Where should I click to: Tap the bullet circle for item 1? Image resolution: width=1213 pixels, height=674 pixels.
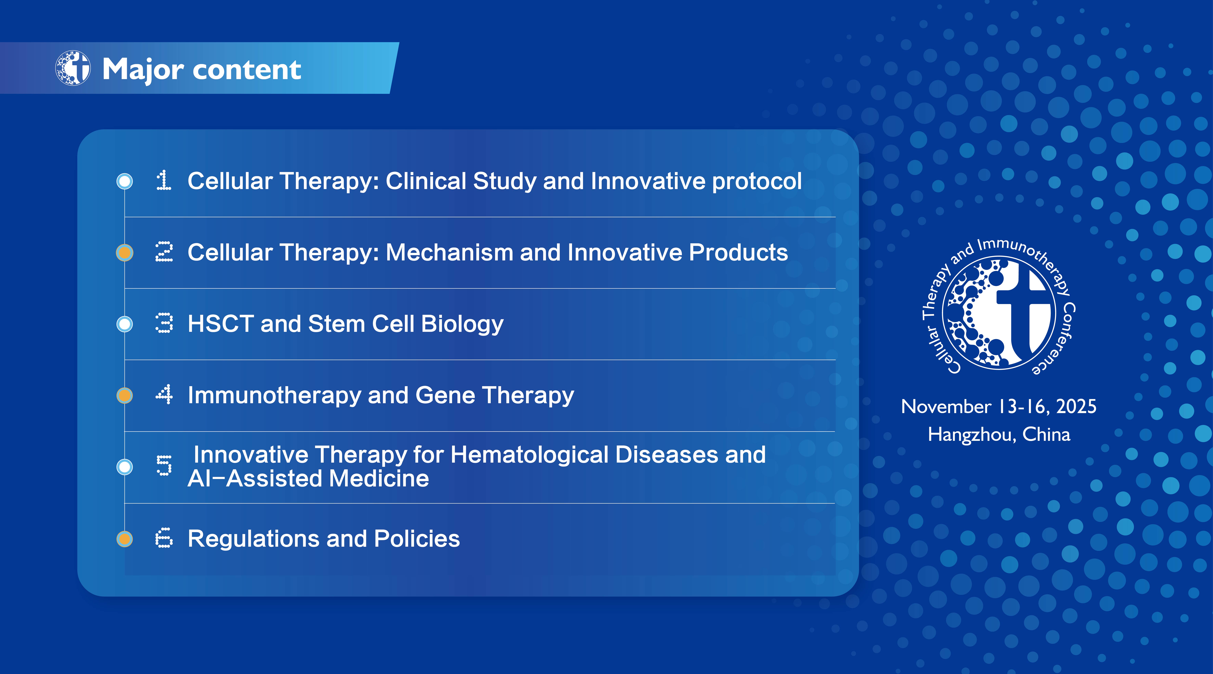coord(125,181)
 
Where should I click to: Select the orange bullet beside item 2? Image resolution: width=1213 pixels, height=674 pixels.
coord(125,253)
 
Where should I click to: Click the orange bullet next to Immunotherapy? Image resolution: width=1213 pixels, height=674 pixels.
coord(125,395)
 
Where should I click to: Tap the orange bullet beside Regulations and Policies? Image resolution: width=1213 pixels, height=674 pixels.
coord(125,538)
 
